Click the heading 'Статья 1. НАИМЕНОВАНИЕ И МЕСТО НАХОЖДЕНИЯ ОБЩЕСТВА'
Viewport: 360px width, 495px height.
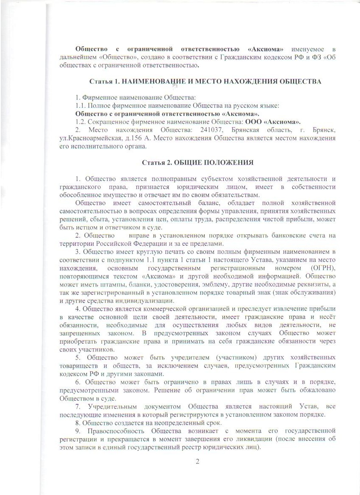[205, 81]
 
